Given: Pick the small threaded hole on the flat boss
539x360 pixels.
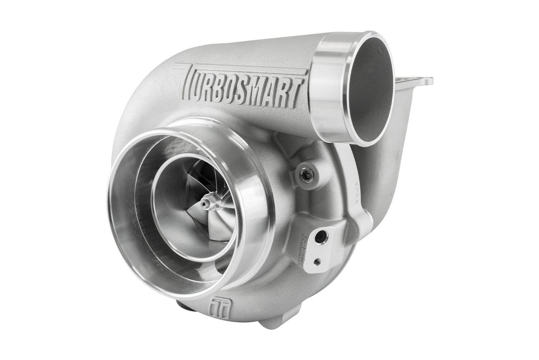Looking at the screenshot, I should (x=317, y=260).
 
